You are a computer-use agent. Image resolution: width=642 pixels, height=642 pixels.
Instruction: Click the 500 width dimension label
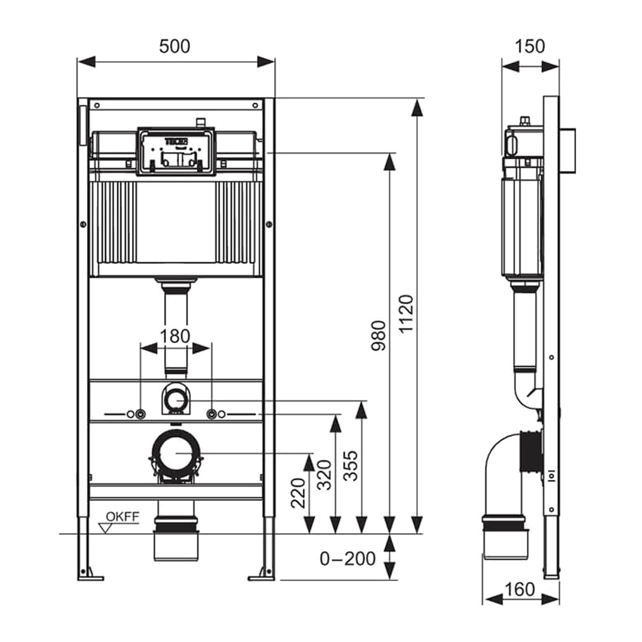(x=175, y=46)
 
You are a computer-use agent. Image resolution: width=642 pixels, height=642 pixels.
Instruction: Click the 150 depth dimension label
(x=530, y=46)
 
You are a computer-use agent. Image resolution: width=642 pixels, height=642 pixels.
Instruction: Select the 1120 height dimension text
(x=406, y=313)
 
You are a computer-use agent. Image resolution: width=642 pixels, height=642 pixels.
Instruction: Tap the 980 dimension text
(x=379, y=336)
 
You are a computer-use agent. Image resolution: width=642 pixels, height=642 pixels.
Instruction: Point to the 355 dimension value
(x=351, y=466)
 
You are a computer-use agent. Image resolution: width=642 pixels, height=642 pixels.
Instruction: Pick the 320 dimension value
(x=325, y=475)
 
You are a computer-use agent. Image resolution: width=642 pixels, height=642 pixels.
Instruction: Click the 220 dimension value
(x=298, y=493)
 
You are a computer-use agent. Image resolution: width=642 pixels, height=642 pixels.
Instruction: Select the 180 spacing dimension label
(x=175, y=336)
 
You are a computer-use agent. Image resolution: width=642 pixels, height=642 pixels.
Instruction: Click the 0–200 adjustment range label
(x=348, y=559)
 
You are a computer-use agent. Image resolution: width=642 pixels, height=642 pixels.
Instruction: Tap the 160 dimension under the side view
(x=520, y=589)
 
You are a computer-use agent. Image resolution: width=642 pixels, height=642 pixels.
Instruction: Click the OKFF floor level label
(x=122, y=517)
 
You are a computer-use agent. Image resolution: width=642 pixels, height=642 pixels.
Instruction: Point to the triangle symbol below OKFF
(x=105, y=529)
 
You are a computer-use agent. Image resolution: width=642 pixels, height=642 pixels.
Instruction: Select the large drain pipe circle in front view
(x=176, y=453)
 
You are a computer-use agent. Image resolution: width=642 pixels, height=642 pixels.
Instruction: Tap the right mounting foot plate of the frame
(x=262, y=577)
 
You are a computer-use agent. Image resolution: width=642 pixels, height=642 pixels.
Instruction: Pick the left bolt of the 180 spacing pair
(x=140, y=414)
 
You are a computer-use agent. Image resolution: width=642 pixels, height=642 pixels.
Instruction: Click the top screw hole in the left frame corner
(x=97, y=105)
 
